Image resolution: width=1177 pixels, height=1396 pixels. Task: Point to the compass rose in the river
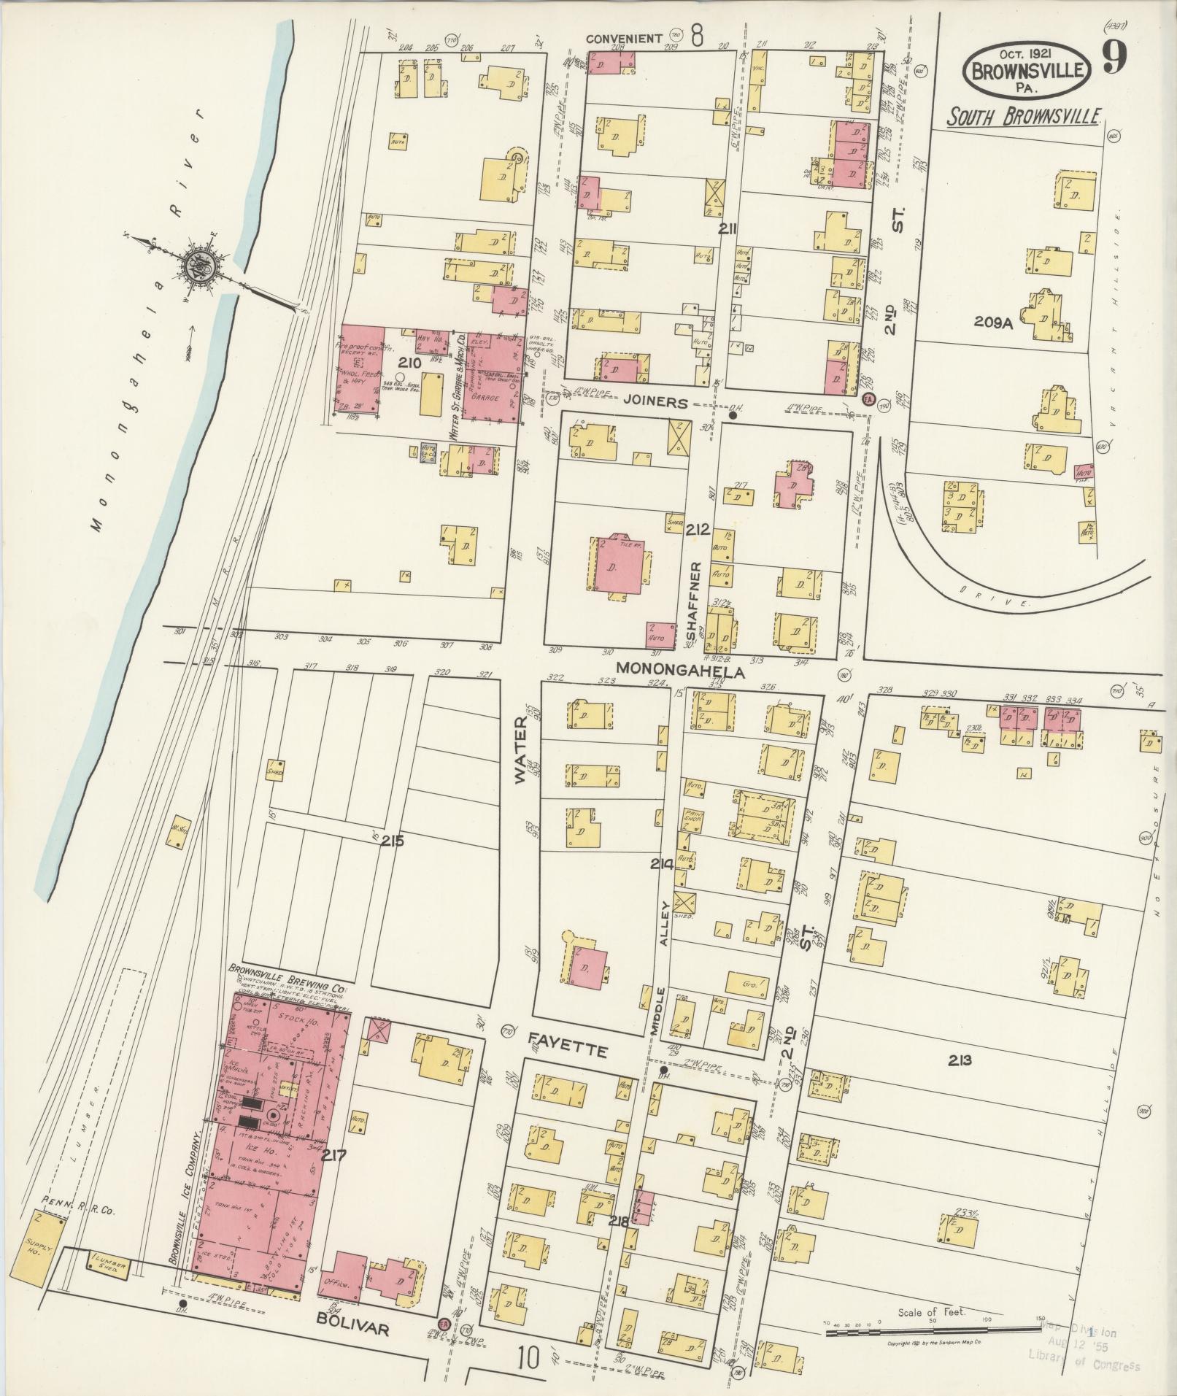click(198, 267)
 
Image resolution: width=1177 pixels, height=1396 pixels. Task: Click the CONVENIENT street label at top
click(633, 38)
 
